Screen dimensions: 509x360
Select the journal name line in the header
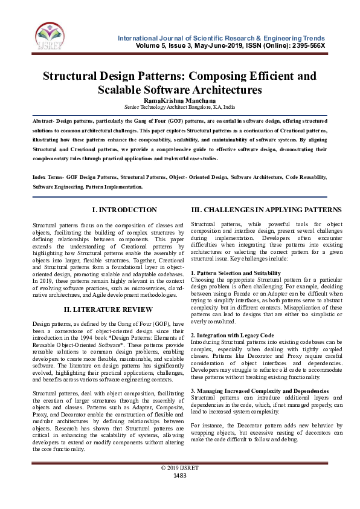click(x=221, y=37)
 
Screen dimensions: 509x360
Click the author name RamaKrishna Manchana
click(x=179, y=99)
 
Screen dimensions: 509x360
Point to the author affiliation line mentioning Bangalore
click(x=179, y=106)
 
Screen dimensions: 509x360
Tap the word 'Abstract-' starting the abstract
click(x=47, y=121)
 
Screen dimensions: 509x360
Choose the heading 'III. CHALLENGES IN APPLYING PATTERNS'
click(x=266, y=210)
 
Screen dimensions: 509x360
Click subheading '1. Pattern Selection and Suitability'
click(x=236, y=273)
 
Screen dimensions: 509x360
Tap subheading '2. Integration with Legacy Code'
click(x=232, y=335)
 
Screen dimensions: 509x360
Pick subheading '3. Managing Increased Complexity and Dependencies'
click(x=260, y=391)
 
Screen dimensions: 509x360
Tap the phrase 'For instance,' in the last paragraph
click(x=207, y=426)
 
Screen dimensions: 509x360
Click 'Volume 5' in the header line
click(x=150, y=45)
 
